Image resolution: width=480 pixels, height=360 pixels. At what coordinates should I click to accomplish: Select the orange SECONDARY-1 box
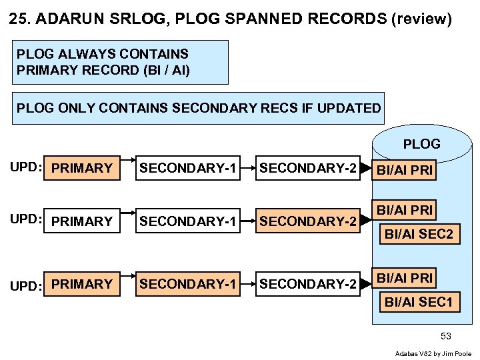pyautogui.click(x=187, y=285)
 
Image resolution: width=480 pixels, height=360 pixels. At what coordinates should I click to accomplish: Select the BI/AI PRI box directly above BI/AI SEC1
pyautogui.click(x=405, y=277)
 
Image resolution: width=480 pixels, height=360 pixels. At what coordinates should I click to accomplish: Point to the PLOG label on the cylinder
pyautogui.click(x=421, y=144)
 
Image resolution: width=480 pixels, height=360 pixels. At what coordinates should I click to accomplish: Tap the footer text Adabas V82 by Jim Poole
pyautogui.click(x=433, y=353)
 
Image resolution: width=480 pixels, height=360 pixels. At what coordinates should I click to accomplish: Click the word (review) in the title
pyautogui.click(x=421, y=19)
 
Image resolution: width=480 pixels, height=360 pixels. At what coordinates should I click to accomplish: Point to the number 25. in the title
pyautogui.click(x=20, y=19)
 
